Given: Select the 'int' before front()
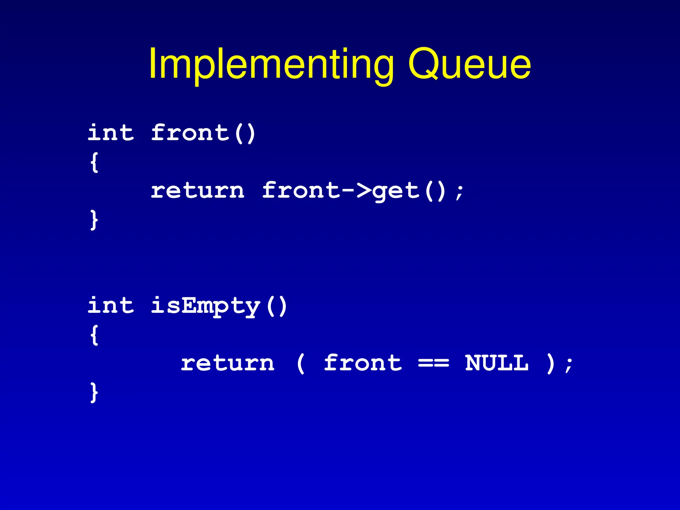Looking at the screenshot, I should [x=111, y=133].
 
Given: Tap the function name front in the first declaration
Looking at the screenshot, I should [x=190, y=133].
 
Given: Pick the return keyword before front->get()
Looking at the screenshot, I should [x=198, y=191].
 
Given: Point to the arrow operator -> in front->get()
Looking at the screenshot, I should [x=356, y=191].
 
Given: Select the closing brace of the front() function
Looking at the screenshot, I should [x=94, y=219].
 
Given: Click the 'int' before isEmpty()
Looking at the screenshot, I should [x=111, y=305].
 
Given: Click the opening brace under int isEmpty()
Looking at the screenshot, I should [x=94, y=335].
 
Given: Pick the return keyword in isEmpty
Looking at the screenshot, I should [x=227, y=363].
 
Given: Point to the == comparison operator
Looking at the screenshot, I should [x=433, y=363].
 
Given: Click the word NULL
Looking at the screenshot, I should [x=497, y=363].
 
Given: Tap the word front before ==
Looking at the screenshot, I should [x=363, y=363].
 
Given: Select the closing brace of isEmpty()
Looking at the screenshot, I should [x=94, y=392].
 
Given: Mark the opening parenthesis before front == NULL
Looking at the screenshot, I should [x=300, y=364].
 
